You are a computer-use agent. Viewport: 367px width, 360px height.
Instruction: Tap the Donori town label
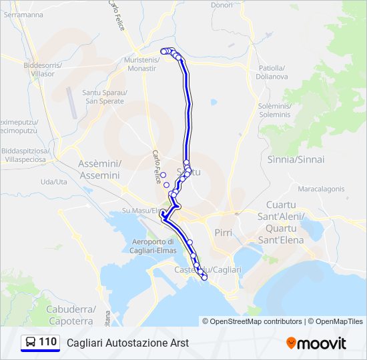222,5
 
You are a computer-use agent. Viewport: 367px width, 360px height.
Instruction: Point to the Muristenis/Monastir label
141,65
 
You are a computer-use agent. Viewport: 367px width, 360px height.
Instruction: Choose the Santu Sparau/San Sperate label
103,97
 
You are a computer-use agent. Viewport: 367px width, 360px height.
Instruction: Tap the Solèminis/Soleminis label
274,110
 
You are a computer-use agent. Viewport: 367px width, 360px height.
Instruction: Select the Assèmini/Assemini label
99,169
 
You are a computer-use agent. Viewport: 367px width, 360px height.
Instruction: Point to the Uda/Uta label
54,181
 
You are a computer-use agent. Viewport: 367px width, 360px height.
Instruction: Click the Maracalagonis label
321,189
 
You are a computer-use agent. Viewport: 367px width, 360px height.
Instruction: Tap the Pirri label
223,232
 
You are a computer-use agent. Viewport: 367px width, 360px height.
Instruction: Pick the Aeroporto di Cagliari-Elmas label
153,245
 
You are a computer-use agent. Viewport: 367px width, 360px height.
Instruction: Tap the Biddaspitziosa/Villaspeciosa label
24,156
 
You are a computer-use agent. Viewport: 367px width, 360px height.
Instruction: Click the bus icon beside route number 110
30,343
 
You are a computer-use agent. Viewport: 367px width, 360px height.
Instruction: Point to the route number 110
47,343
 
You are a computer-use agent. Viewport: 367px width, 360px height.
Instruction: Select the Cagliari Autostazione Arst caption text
127,343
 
